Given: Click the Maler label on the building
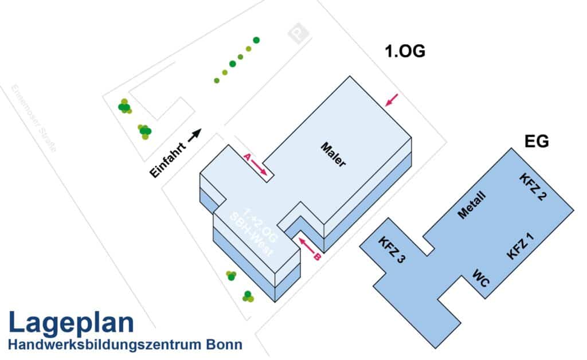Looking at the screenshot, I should [333, 155].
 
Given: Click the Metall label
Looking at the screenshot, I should [472, 205].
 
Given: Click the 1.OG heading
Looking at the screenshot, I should [405, 52].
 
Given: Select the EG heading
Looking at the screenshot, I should [537, 140].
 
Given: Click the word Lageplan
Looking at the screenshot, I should [71, 323].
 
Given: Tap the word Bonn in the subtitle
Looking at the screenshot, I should [223, 345].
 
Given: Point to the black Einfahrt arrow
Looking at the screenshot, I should [195, 134].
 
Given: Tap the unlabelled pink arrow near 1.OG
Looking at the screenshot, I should [392, 100].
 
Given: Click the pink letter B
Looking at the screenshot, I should [316, 257].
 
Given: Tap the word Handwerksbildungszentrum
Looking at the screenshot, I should [103, 345].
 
